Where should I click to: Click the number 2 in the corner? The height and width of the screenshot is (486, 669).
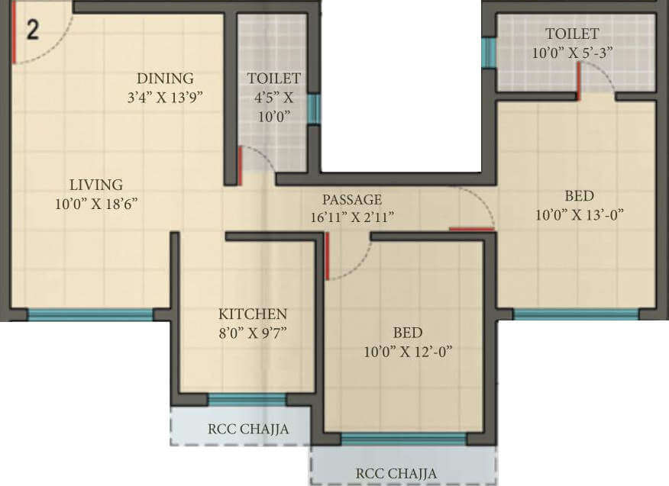(x=33, y=30)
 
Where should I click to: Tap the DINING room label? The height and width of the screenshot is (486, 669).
(x=165, y=79)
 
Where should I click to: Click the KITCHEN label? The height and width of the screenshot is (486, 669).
(x=253, y=314)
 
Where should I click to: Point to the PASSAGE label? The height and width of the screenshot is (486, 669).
(x=351, y=200)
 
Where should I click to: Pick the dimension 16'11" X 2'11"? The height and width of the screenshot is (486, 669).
(x=352, y=217)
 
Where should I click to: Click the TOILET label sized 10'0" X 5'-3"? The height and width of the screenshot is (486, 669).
(x=572, y=34)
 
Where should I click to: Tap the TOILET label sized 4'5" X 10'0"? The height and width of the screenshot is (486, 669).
(x=274, y=79)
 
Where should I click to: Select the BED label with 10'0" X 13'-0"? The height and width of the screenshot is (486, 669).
(x=579, y=196)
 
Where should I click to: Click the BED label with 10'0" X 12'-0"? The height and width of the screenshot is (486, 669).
(x=407, y=333)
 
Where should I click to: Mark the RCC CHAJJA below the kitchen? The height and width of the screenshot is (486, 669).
(x=248, y=429)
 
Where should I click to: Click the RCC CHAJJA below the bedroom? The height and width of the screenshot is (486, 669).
(x=397, y=474)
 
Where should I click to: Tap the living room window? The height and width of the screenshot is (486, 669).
(x=90, y=314)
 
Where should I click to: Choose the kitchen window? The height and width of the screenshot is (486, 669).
(x=247, y=399)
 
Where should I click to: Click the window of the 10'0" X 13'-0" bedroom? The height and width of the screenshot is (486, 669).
(x=576, y=314)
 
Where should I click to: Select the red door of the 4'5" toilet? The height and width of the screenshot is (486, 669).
(x=240, y=165)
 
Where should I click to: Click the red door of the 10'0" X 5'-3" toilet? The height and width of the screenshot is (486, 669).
(x=579, y=82)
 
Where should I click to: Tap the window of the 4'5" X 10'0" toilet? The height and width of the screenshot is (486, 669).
(x=313, y=109)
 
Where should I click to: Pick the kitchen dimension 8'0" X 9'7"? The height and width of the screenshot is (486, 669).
(x=253, y=333)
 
